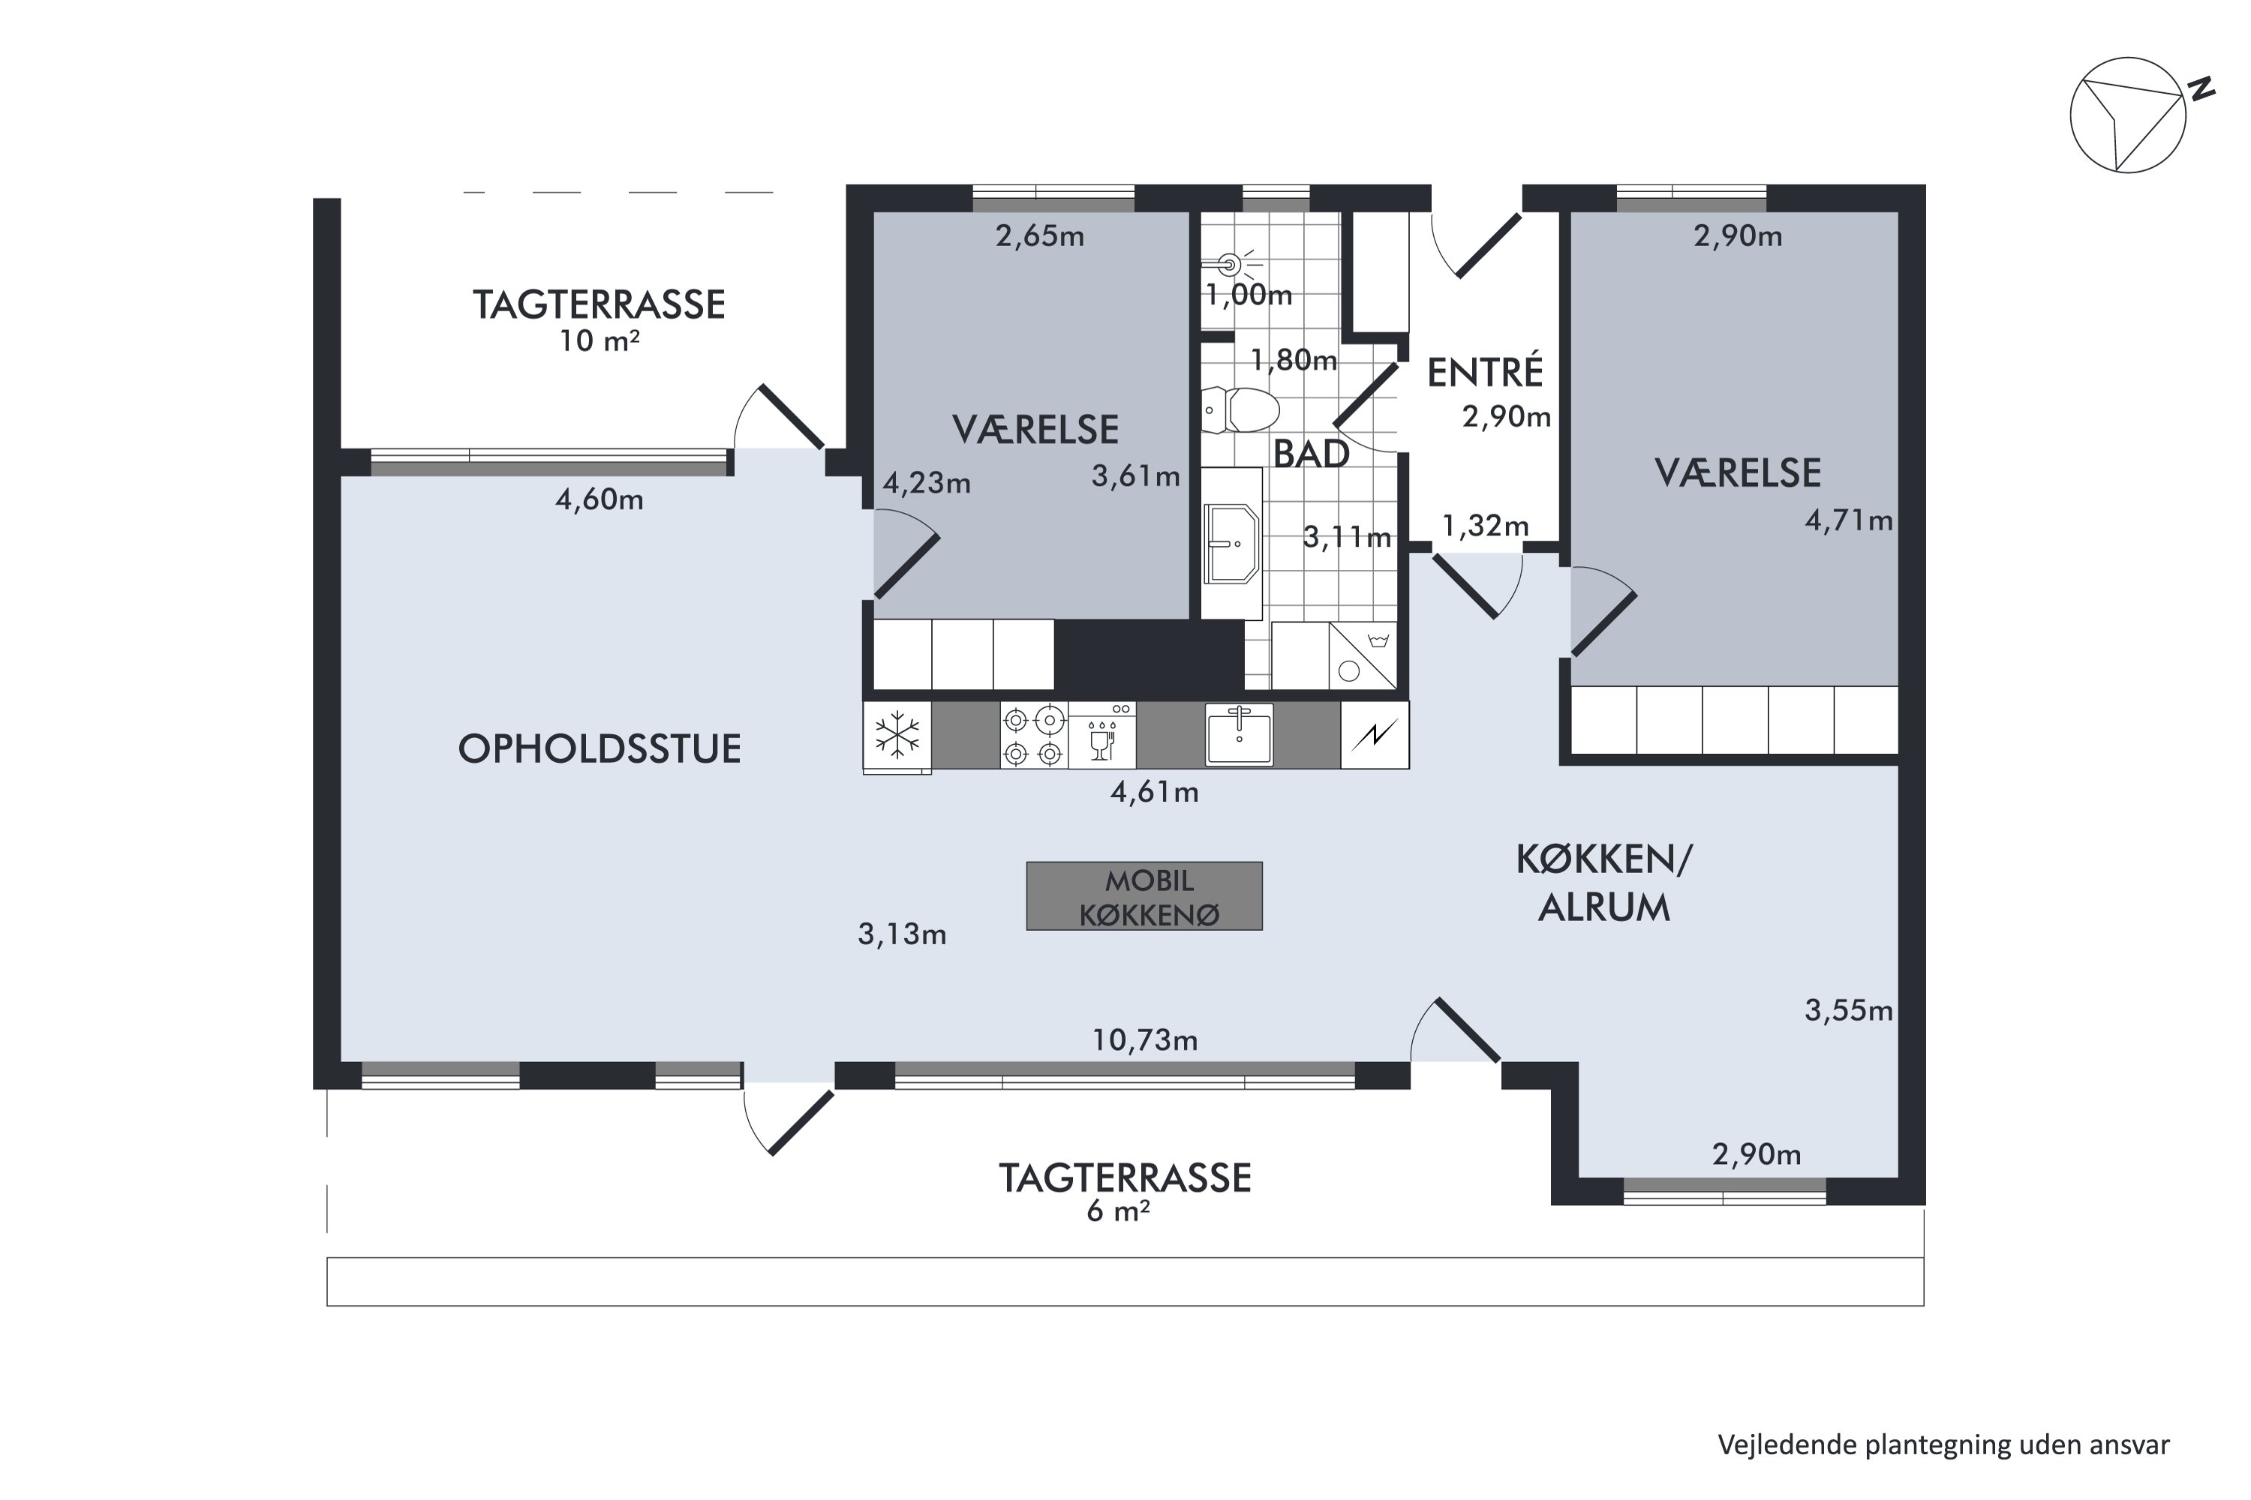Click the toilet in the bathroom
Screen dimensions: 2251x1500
(1240, 410)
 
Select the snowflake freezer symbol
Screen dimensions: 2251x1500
(897, 736)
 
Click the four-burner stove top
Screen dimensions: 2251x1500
(1034, 736)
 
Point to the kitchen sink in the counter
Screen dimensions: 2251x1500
(1240, 735)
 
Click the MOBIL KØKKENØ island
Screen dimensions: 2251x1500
(1145, 896)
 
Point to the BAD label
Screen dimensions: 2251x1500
(1310, 454)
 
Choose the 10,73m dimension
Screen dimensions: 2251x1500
(1145, 1039)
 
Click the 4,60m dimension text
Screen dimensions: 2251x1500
(599, 499)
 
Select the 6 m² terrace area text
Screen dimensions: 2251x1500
(1117, 1210)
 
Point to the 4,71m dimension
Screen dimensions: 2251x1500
(1848, 520)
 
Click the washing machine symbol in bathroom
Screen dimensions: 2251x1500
(1362, 656)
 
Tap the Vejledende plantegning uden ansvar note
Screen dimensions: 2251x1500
(1943, 1444)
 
